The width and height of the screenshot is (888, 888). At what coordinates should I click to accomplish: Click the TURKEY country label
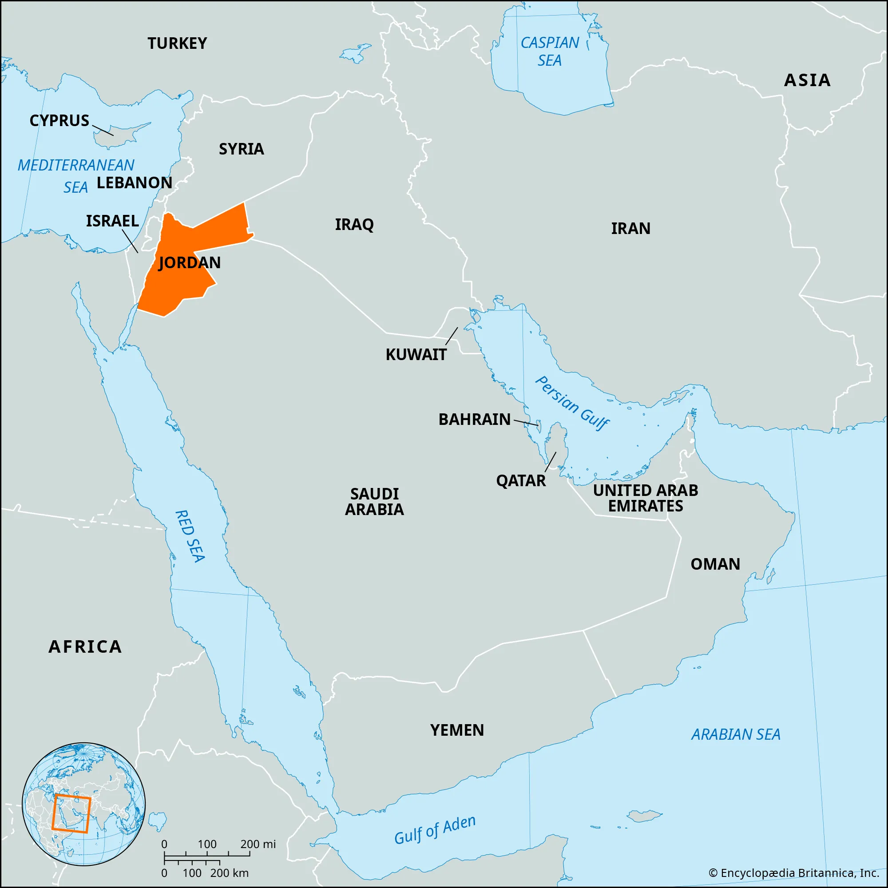point(177,43)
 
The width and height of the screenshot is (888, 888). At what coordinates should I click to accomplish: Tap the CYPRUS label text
point(59,120)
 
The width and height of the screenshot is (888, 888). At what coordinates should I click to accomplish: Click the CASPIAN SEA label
point(550,52)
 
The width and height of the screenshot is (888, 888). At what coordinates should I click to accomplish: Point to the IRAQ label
point(354,224)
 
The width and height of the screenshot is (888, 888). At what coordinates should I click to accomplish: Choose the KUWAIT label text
point(416,354)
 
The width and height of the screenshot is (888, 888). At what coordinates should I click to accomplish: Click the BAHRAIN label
point(474,419)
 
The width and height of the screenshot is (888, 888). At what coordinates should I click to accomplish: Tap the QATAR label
point(521,481)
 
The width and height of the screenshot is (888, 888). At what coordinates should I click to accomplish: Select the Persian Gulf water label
point(572,403)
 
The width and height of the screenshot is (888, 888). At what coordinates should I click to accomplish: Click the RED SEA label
point(190,536)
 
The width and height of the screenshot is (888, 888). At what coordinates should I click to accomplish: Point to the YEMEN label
point(457,730)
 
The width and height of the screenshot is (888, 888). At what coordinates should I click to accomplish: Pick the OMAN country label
point(715,564)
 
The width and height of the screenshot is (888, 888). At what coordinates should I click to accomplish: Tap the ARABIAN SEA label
point(736,734)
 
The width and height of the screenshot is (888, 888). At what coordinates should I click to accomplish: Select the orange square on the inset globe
point(71,813)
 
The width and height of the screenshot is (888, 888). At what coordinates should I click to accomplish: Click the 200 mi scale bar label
point(258,844)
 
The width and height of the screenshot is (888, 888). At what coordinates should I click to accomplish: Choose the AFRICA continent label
point(86,647)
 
